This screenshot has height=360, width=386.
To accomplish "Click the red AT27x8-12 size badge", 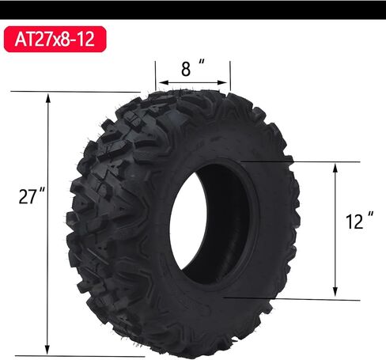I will (55, 40).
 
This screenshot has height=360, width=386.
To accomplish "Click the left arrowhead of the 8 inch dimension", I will (159, 81).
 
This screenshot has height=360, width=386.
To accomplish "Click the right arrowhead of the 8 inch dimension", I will (226, 81).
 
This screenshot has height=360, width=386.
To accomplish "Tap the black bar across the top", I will (193, 9).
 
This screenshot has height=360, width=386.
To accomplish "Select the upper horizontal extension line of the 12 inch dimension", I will (293, 162).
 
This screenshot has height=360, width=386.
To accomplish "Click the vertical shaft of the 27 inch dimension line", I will (49, 261).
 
